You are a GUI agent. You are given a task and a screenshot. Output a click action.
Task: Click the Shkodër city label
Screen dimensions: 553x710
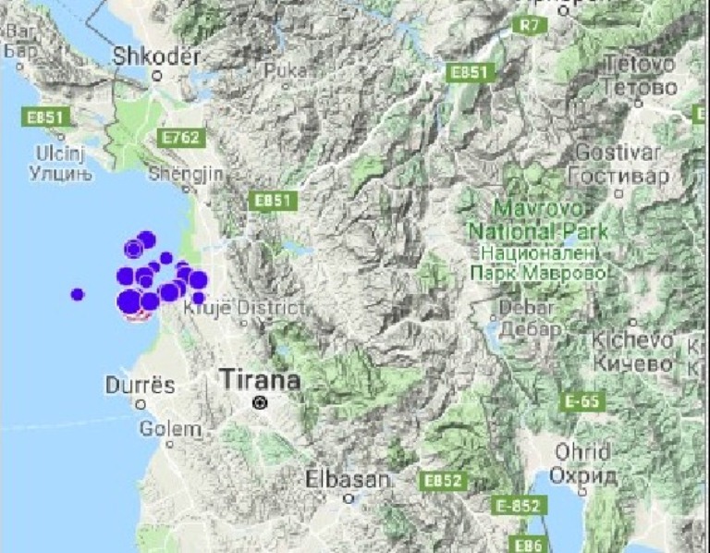155,56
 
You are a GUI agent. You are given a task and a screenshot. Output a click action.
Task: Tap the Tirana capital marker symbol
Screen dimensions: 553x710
262,402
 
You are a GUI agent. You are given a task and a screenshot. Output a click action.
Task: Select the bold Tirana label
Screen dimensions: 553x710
260,379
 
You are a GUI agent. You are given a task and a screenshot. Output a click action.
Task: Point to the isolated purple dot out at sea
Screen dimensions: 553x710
77,294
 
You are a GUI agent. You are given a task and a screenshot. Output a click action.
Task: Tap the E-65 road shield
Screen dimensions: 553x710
582,401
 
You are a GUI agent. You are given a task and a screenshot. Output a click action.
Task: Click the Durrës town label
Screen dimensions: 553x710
140,385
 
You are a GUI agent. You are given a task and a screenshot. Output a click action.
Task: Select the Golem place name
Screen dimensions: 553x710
170,429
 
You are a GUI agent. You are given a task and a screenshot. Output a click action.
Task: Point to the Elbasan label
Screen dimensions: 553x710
348,479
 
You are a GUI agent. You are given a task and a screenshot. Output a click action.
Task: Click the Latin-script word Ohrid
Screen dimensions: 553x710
581,452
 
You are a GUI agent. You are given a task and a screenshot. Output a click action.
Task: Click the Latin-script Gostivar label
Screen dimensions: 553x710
618,152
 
